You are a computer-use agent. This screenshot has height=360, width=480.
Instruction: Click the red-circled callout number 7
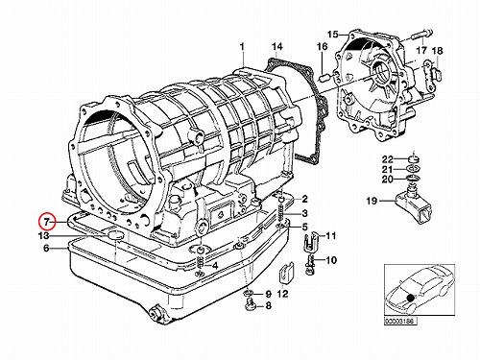click(47, 222)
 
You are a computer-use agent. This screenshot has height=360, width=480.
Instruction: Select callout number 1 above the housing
click(242, 47)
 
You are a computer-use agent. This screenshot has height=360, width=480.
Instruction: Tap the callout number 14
click(277, 47)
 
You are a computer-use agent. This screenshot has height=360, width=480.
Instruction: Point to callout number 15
click(332, 35)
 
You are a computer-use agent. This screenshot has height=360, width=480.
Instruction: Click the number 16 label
click(323, 47)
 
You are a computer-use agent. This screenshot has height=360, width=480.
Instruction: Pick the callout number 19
click(372, 201)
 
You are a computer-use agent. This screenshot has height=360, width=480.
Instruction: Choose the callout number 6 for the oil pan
click(46, 248)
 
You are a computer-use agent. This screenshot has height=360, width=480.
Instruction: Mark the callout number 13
click(43, 236)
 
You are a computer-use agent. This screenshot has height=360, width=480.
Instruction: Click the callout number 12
click(283, 294)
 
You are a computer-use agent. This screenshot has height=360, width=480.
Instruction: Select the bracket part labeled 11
click(310, 240)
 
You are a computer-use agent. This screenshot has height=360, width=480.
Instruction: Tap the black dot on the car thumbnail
click(409, 298)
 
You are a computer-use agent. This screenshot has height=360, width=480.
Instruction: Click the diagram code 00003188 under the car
click(400, 322)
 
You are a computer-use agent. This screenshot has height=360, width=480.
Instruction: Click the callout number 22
click(387, 159)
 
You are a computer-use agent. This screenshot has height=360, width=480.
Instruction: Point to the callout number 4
click(215, 265)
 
